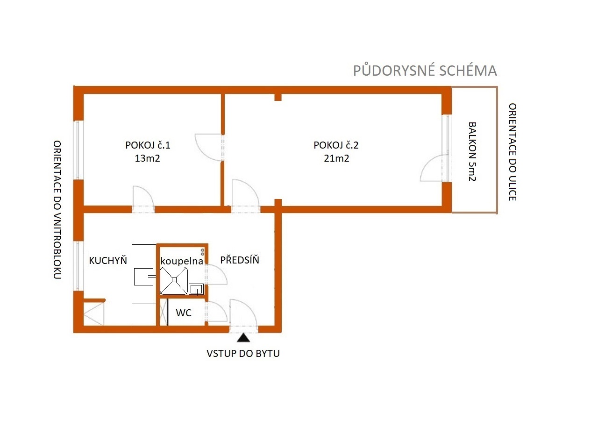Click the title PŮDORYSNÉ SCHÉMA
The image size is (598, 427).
click(425, 70)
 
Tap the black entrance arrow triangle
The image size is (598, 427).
click(243, 338)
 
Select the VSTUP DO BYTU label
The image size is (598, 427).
click(243, 354)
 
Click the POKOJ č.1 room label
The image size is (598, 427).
click(148, 145)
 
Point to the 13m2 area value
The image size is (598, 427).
click(147, 158)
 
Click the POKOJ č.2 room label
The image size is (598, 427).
click(336, 145)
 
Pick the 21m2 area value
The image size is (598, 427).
click(336, 158)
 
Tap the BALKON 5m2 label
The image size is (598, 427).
click(472, 152)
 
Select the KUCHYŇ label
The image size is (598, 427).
click(108, 261)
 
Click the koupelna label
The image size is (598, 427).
click(182, 261)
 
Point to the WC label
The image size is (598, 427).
click(184, 313)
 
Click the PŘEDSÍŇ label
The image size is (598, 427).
click(240, 260)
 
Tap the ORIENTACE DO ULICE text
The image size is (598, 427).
click(513, 152)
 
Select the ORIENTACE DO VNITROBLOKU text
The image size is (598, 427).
click(57, 210)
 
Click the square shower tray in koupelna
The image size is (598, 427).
click(174, 281)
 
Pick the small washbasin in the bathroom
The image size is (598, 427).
click(196, 289)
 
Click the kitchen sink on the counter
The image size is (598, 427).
click(143, 277)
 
